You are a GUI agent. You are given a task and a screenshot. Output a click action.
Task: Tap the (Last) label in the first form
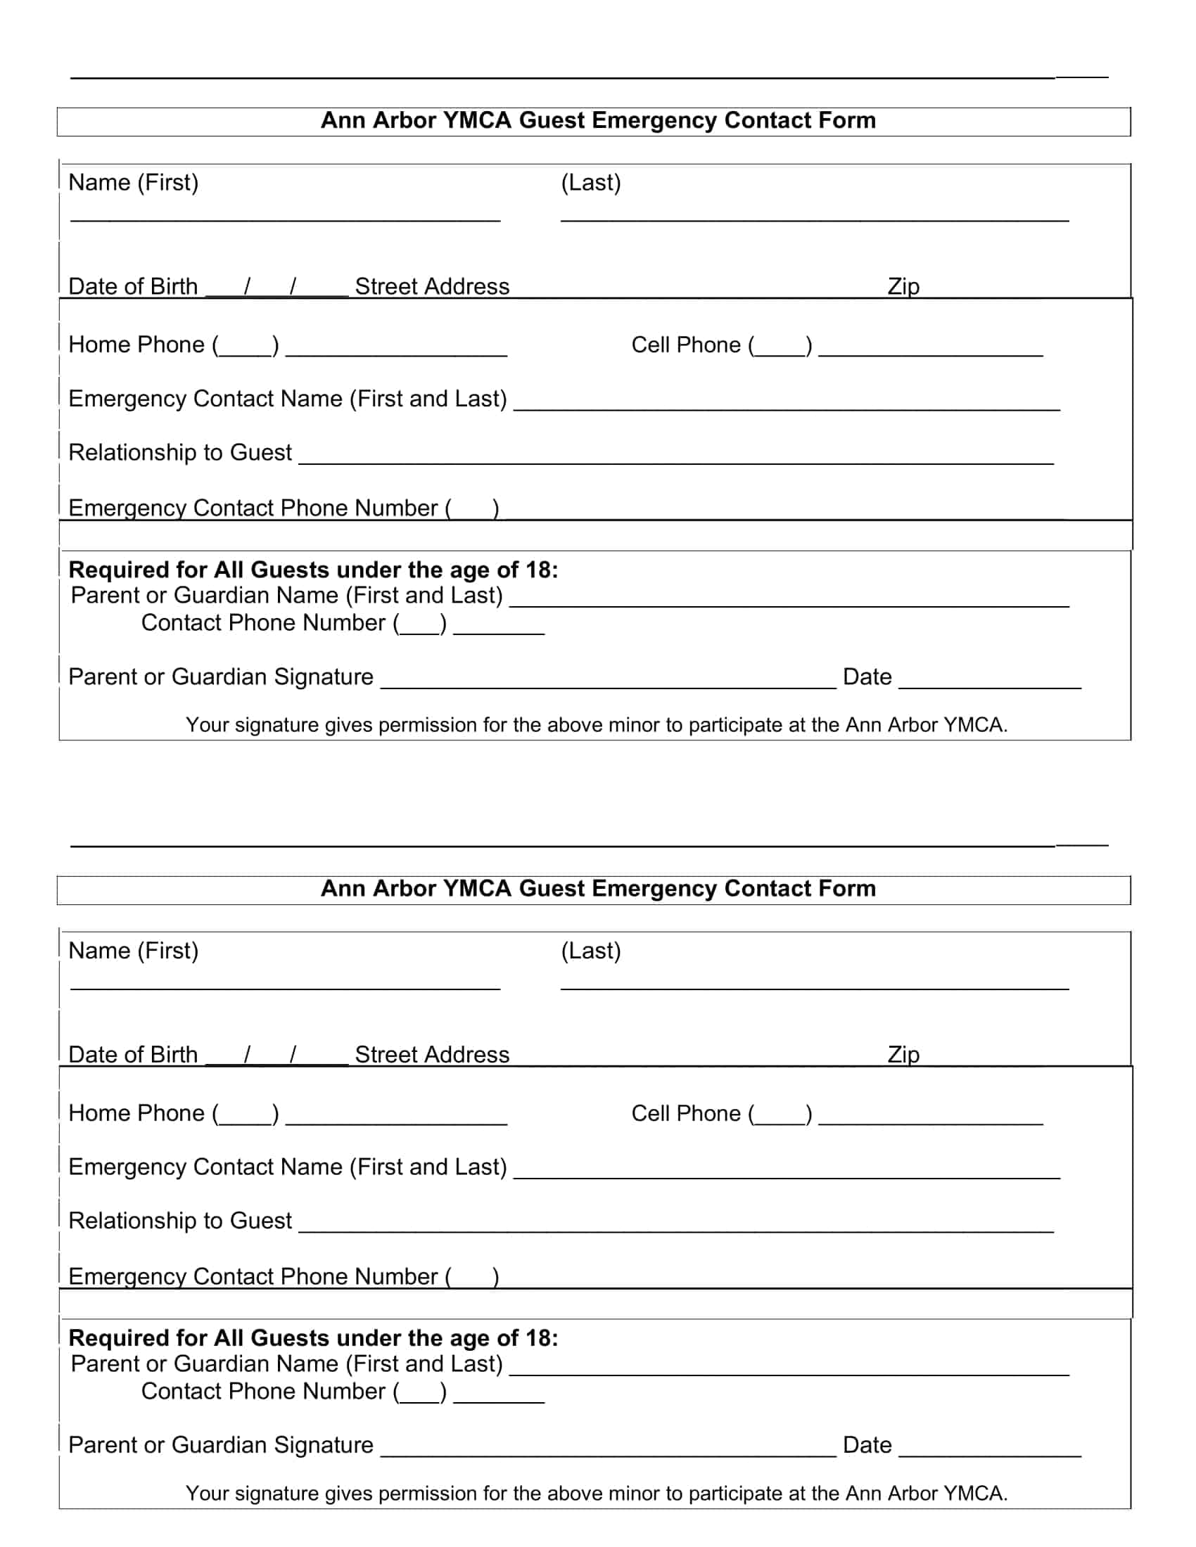590,183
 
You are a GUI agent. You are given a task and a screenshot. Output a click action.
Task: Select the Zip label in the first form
903,286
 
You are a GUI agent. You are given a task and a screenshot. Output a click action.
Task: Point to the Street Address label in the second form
431,1055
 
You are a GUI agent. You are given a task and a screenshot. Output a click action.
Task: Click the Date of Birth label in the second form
132,1055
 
